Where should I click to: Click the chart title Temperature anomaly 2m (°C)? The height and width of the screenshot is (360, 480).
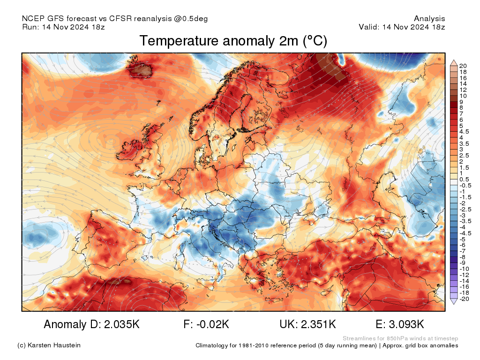click(x=233, y=41)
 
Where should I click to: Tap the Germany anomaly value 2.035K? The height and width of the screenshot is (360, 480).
click(x=119, y=324)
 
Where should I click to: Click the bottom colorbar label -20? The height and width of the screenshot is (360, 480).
click(x=465, y=299)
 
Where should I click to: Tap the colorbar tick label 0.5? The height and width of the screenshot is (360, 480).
click(x=465, y=179)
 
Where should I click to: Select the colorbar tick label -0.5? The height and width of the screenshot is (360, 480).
click(x=465, y=185)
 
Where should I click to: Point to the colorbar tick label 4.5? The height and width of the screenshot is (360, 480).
click(x=465, y=132)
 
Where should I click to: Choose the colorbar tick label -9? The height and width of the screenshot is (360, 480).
click(x=464, y=263)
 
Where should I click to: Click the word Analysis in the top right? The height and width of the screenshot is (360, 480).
click(x=429, y=19)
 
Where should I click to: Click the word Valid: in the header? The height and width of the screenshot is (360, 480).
click(x=369, y=27)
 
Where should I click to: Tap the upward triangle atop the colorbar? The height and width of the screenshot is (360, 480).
click(x=453, y=62)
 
